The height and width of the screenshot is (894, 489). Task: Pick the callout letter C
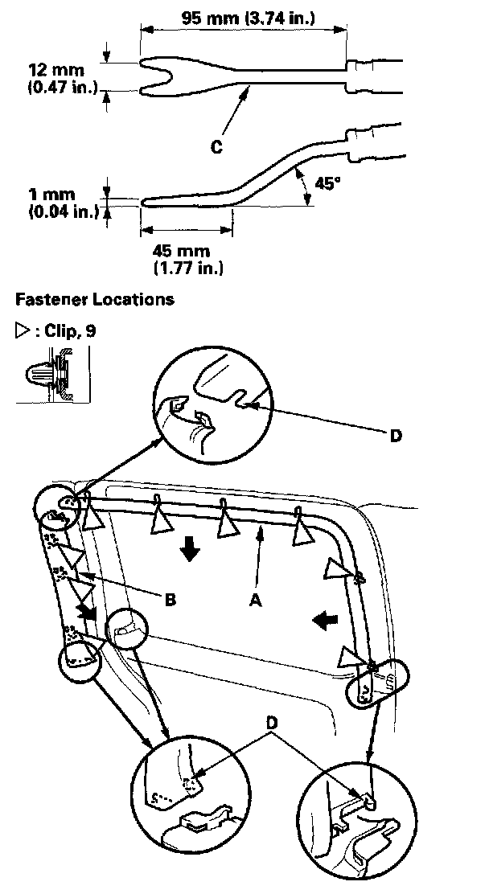tap(216, 146)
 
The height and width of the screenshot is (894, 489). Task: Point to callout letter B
tap(171, 598)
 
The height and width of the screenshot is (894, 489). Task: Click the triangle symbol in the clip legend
tap(21, 330)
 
